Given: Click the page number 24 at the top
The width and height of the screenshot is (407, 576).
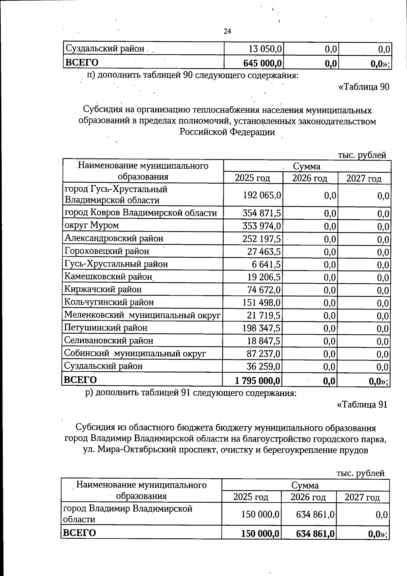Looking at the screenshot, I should pyautogui.click(x=227, y=31).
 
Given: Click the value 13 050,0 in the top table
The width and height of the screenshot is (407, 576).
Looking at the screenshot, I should pyautogui.click(x=265, y=49).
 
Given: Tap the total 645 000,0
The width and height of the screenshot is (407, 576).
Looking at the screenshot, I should pyautogui.click(x=263, y=63).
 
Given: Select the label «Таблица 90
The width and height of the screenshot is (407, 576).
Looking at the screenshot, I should pyautogui.click(x=364, y=87).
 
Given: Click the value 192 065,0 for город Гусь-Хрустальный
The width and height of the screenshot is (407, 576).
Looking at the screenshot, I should pyautogui.click(x=262, y=195).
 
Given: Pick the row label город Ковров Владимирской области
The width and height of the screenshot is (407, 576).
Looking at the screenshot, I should pyautogui.click(x=141, y=213).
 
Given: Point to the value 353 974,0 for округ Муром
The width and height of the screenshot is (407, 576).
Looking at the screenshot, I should pyautogui.click(x=261, y=226).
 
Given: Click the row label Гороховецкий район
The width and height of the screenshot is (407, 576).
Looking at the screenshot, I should pyautogui.click(x=107, y=251).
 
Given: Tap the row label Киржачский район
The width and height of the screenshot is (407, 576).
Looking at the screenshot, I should pyautogui.click(x=103, y=290).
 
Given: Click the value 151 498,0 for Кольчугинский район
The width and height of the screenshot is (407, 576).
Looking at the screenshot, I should pyautogui.click(x=261, y=302).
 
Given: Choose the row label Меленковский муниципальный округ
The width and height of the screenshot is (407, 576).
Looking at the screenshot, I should pyautogui.click(x=142, y=315).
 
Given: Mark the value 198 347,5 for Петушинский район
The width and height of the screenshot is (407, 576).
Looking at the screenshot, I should pyautogui.click(x=261, y=328).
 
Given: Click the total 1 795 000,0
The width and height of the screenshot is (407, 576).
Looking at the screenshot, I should pyautogui.click(x=257, y=380).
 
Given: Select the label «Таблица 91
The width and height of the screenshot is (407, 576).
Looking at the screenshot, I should pyautogui.click(x=362, y=405).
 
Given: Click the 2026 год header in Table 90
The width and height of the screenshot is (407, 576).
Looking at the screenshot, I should pyautogui.click(x=310, y=178).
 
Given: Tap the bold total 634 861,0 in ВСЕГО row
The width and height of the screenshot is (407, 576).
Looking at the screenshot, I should pyautogui.click(x=315, y=534).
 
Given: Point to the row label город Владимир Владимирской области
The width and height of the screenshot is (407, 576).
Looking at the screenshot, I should pyautogui.click(x=128, y=514).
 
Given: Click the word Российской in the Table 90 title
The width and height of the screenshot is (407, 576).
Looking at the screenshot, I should pyautogui.click(x=203, y=132).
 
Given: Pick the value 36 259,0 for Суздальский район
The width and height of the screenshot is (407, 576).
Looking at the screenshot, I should pyautogui.click(x=263, y=367).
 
